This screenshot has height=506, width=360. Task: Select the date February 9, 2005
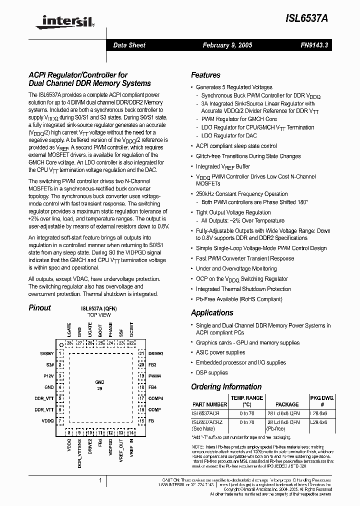click(x=227, y=45)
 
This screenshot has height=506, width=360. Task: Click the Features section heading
click(x=205, y=75)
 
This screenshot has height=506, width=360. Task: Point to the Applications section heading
click(x=212, y=312)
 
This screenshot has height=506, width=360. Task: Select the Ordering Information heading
click(x=226, y=386)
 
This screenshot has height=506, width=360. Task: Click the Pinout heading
click(x=39, y=308)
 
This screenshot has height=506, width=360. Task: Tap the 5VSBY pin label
click(x=47, y=353)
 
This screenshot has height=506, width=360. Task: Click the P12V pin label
click(x=49, y=376)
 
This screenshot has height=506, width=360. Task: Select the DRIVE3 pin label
click(x=155, y=353)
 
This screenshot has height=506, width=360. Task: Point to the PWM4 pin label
click(x=154, y=376)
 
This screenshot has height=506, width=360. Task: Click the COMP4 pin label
click(x=155, y=398)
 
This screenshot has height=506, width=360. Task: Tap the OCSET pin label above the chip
click(x=131, y=329)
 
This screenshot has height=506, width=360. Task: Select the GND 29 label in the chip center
click(x=99, y=385)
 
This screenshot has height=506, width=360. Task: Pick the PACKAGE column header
click(x=287, y=404)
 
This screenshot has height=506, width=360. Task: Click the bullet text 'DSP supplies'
click(x=211, y=372)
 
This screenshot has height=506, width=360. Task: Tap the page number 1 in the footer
click(x=100, y=481)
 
